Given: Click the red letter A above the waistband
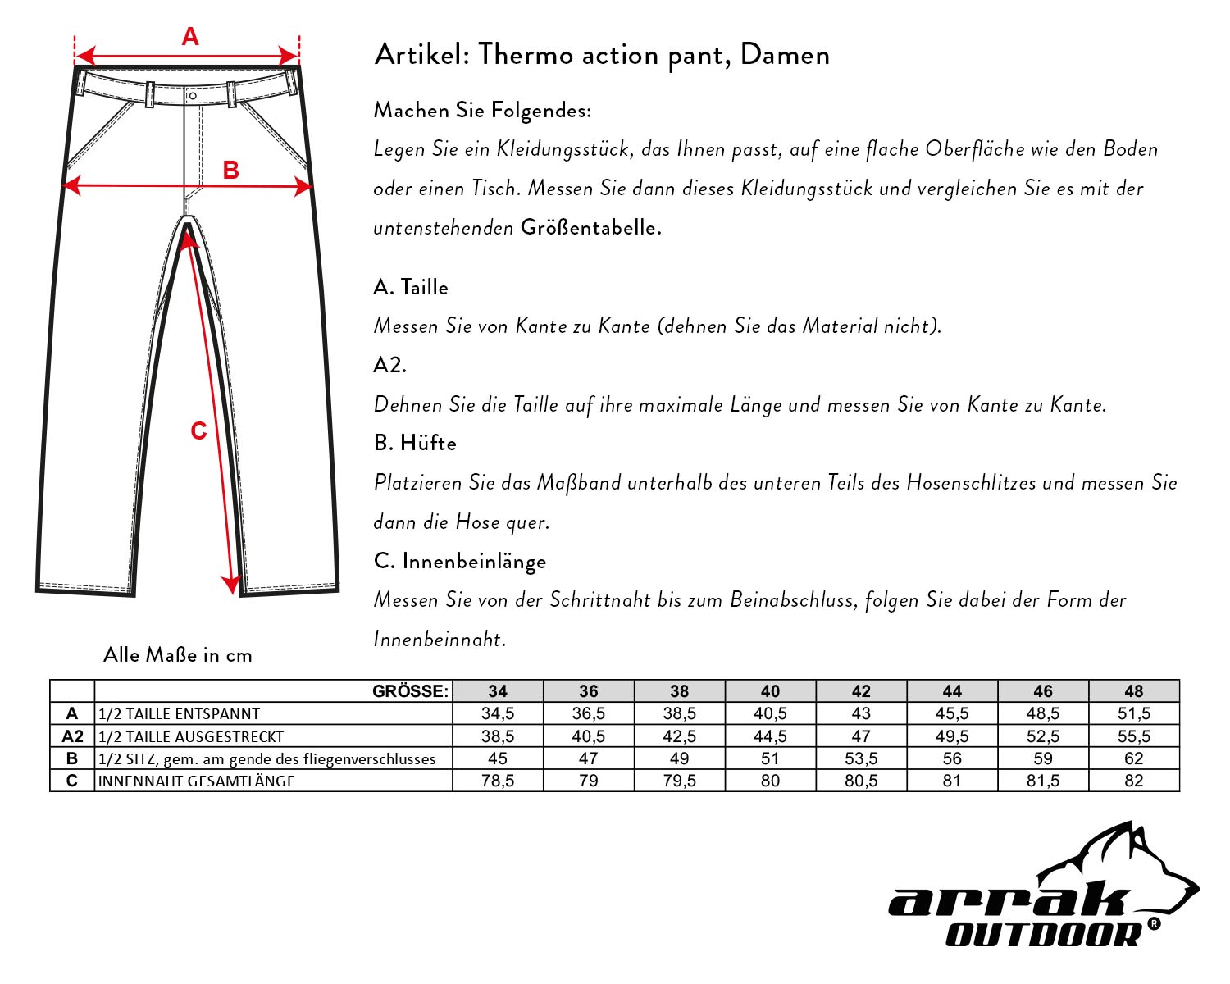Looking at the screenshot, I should [x=190, y=37].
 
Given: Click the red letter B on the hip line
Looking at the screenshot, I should [x=231, y=170].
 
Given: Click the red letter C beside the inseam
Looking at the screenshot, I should [x=198, y=431].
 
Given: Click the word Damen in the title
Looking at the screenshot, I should [x=785, y=55].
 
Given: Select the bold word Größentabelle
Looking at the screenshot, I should [x=590, y=227].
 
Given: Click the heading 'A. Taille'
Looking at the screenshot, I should [x=411, y=287].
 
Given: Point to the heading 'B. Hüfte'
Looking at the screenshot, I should [x=415, y=443].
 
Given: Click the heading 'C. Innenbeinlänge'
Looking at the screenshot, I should [x=459, y=561].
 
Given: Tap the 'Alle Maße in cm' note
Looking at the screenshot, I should [x=178, y=654].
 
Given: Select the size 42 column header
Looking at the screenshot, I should [x=861, y=691].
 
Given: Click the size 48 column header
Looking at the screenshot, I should [x=1134, y=691].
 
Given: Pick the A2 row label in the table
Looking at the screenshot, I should [x=72, y=736].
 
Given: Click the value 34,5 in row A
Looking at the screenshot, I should [x=498, y=713].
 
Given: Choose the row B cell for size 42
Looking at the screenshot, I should [x=861, y=758].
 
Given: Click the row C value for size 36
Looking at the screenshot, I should [x=589, y=781].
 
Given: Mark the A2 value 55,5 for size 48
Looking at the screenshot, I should [x=1134, y=736].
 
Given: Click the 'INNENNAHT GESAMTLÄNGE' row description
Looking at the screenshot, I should [x=196, y=781].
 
